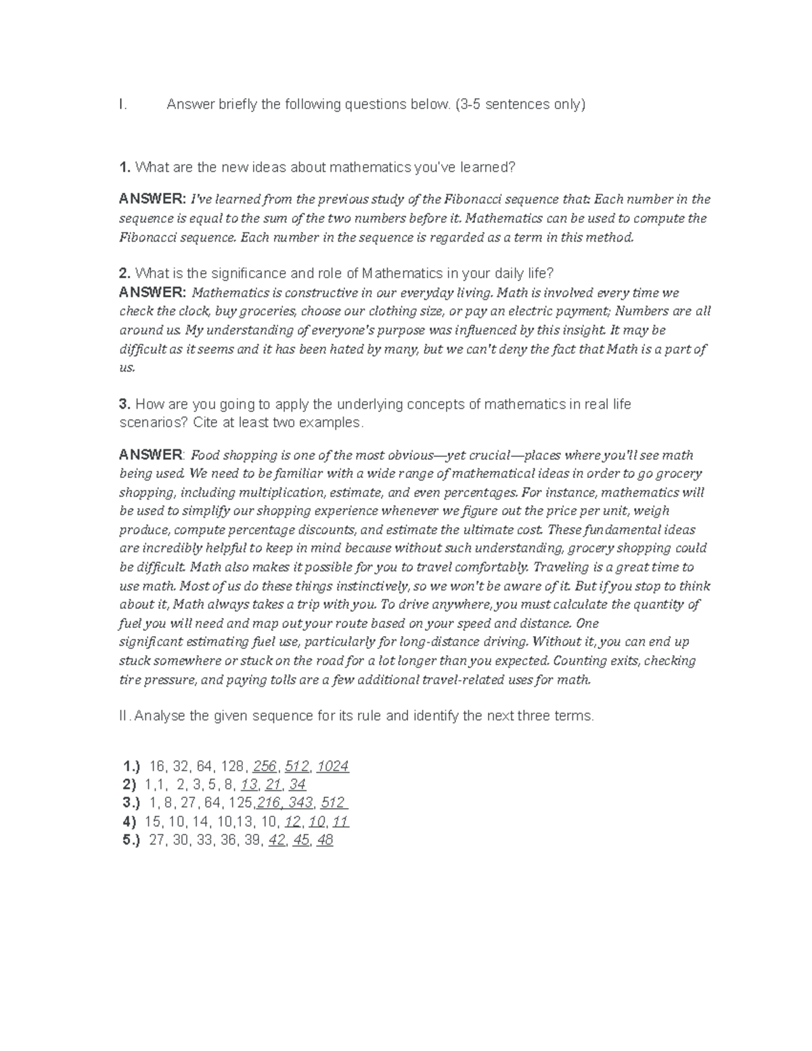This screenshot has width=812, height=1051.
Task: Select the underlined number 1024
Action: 332,766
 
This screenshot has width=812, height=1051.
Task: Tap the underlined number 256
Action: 265,766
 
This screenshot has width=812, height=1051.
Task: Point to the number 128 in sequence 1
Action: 232,766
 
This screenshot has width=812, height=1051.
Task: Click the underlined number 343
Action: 300,803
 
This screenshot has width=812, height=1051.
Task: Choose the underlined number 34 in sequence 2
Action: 296,784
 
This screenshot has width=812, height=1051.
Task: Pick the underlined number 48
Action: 325,841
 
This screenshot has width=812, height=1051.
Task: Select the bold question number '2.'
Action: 125,273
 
